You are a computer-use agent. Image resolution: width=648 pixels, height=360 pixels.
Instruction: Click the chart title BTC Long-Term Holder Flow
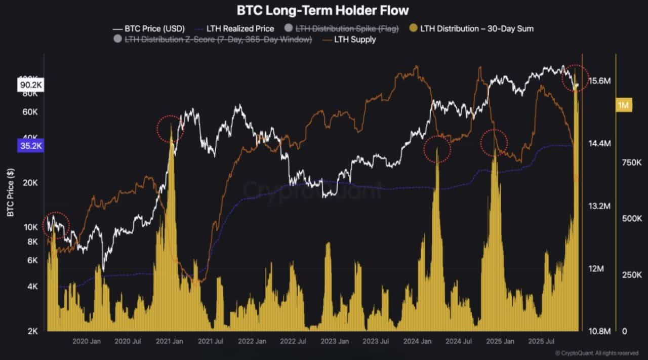(x=322, y=10)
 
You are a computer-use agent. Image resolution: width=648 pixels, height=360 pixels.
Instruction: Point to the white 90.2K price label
(x=31, y=85)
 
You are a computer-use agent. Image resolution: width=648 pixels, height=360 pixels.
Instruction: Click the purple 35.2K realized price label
(x=31, y=147)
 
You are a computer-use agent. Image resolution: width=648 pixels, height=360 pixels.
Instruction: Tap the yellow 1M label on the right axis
(x=623, y=105)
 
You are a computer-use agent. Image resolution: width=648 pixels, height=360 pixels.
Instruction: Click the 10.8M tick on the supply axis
(x=600, y=331)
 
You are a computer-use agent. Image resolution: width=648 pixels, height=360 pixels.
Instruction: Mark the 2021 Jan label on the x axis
(x=171, y=342)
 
